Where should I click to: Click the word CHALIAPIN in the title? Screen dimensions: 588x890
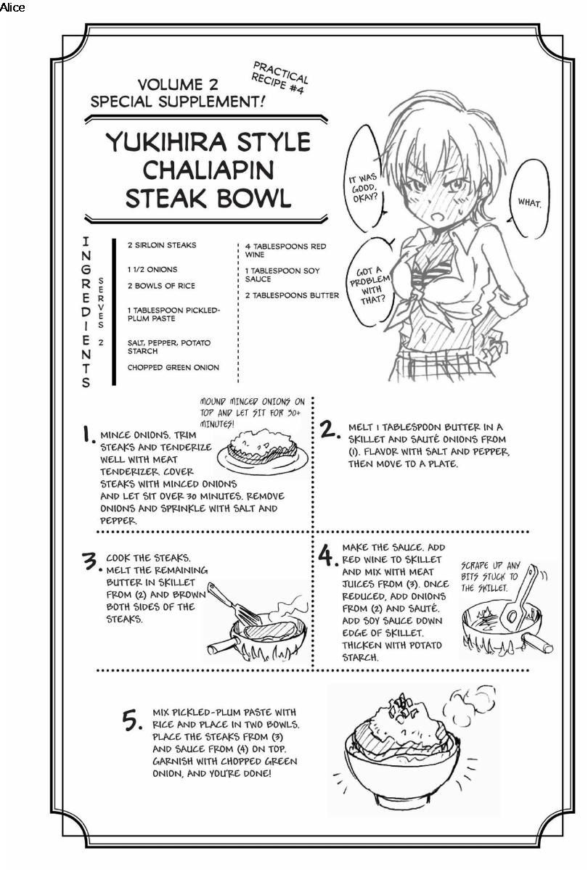point(208,170)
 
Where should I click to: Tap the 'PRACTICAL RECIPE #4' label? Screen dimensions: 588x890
point(280,78)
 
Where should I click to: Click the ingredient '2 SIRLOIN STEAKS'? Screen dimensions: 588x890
point(162,245)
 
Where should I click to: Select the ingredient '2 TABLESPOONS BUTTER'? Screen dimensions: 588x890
point(292,295)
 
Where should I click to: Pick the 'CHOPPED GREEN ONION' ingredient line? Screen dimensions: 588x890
point(173,368)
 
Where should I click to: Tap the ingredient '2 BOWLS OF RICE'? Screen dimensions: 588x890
point(161,286)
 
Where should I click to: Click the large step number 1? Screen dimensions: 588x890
point(88,434)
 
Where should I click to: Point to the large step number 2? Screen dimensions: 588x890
point(330,429)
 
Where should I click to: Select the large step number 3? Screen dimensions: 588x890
point(91,561)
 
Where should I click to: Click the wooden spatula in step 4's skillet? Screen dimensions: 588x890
point(520,596)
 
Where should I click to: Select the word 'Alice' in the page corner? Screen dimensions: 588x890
point(12,7)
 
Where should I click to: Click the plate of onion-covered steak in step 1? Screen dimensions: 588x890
point(262,453)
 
